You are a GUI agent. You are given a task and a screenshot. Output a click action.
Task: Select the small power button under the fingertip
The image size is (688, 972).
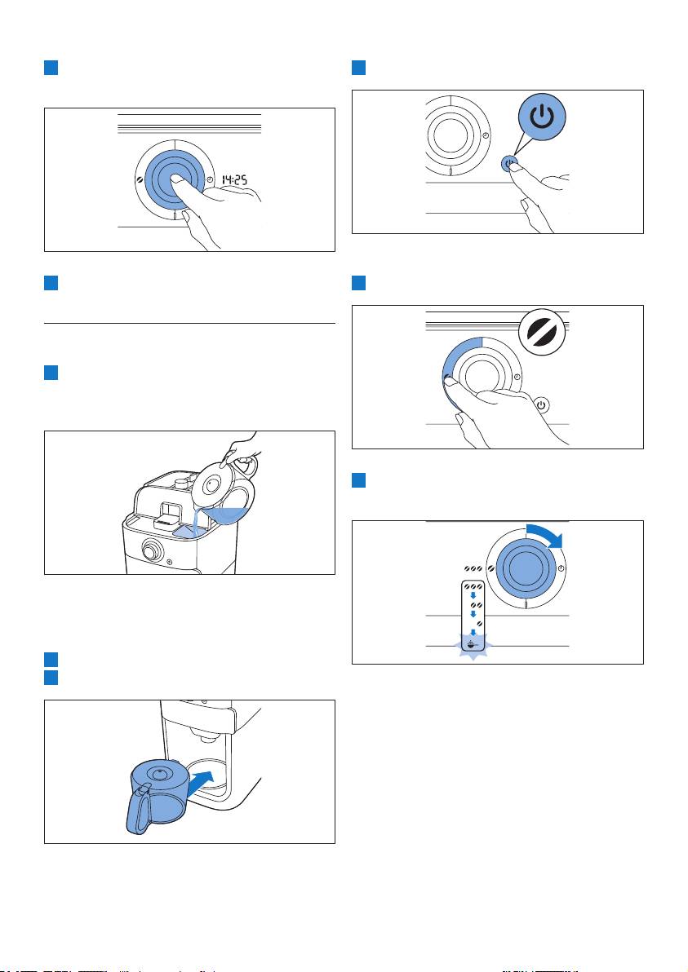click(508, 162)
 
